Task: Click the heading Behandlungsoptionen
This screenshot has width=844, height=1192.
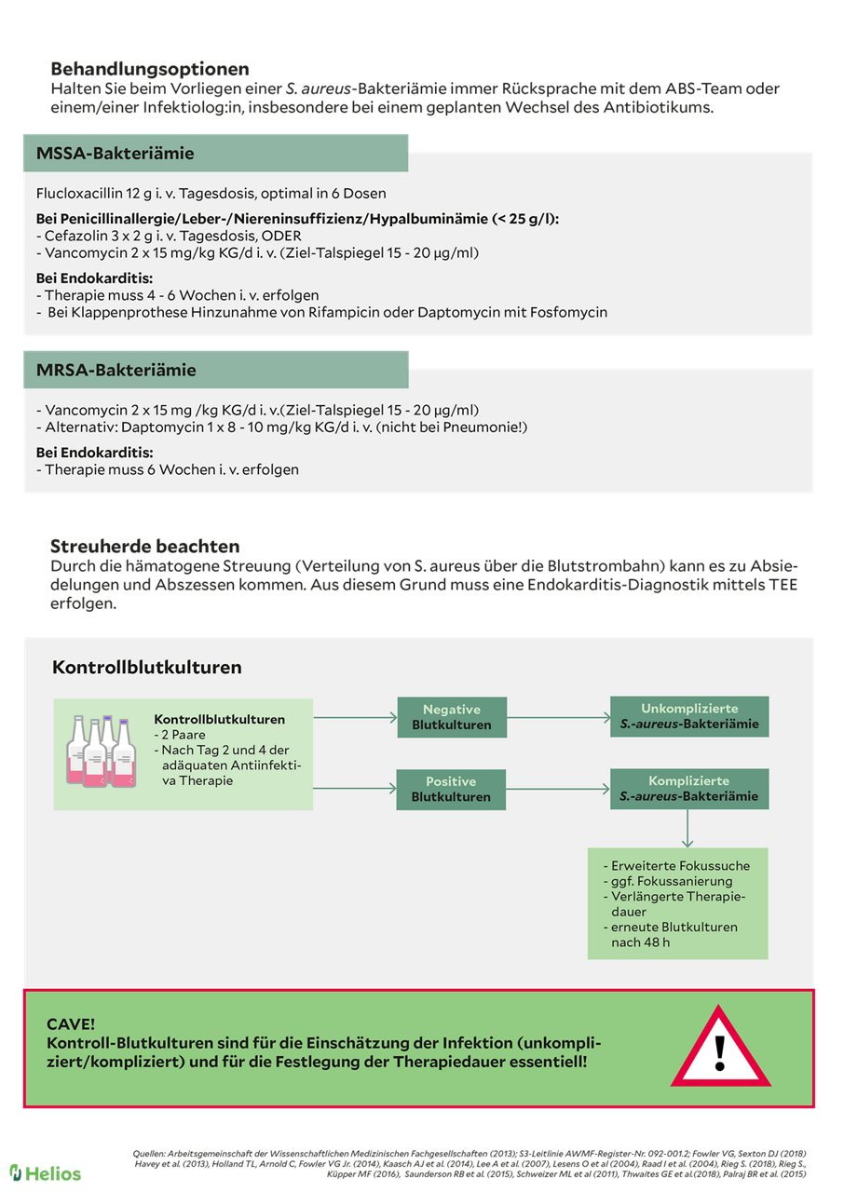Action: pos(150,69)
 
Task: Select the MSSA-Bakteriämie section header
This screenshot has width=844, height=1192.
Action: pos(116,154)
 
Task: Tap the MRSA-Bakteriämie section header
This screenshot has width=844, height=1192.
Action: pos(116,370)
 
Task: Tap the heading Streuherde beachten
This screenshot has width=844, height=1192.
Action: pos(144,547)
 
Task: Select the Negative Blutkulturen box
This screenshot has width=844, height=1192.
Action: pos(452,717)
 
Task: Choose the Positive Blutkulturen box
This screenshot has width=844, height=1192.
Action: pos(452,789)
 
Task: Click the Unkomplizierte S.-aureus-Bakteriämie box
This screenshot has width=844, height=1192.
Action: pos(689,716)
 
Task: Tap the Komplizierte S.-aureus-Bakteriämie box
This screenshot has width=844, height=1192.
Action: pos(689,788)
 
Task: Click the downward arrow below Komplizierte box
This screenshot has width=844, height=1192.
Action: pos(687,828)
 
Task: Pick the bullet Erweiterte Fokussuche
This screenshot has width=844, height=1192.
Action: pos(680,865)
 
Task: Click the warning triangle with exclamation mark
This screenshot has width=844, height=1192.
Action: pos(720,1049)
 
